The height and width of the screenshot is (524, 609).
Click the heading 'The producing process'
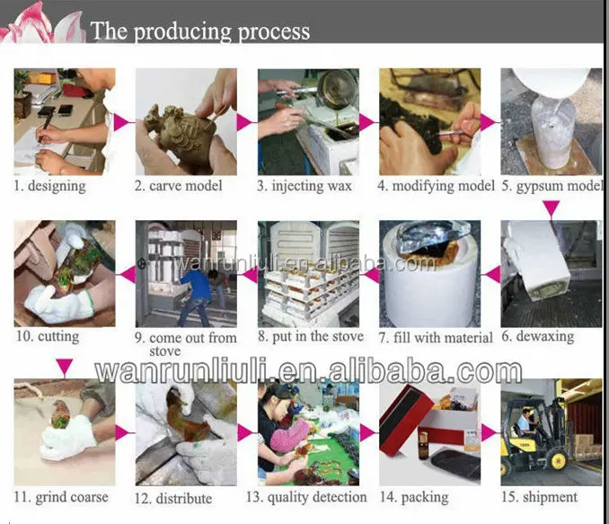[x=200, y=31]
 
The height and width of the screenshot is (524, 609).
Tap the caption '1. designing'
[x=49, y=186]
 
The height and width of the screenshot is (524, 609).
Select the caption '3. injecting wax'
[x=304, y=186]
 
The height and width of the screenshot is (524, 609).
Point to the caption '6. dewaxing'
[x=538, y=336]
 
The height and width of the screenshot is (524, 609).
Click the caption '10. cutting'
[x=47, y=336]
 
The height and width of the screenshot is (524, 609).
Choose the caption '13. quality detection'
[x=306, y=497]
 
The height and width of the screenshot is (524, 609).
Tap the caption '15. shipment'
[x=539, y=497]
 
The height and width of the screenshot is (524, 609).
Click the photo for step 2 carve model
[x=186, y=121]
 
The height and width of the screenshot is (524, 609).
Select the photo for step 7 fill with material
[x=430, y=274]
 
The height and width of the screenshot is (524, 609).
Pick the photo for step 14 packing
[x=430, y=432]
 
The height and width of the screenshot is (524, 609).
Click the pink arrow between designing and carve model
[x=122, y=122]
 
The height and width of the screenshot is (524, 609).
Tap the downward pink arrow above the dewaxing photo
[x=552, y=209]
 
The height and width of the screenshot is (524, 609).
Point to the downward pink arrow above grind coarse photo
[x=64, y=368]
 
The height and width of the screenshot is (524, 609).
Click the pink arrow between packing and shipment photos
[x=489, y=432]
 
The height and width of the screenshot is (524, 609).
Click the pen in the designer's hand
[x=44, y=127]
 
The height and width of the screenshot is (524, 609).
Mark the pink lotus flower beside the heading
[x=42, y=22]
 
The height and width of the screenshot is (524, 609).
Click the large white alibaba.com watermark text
[x=308, y=371]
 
